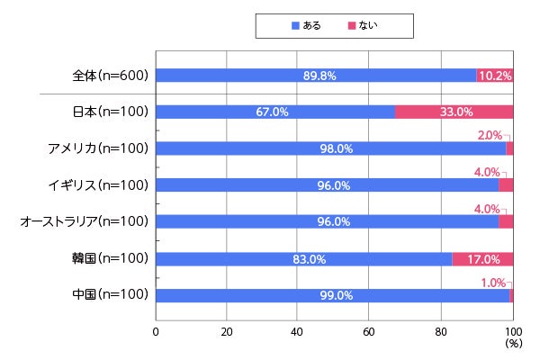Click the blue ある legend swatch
point(294,25)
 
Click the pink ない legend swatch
point(352,25)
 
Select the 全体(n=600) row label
point(112,76)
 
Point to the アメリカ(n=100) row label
point(98,148)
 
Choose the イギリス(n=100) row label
point(100,185)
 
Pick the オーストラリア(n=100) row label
point(85,221)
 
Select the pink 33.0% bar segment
point(455,112)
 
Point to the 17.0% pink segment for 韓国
point(483,259)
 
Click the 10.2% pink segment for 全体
point(496,76)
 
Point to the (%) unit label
point(514,343)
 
